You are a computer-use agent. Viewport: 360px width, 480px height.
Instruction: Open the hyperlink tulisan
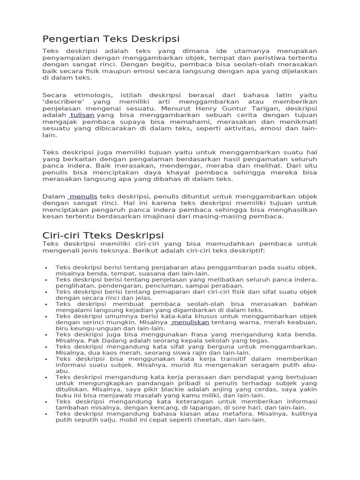[82, 115]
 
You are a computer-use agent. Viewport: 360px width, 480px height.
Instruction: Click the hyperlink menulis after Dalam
[83, 196]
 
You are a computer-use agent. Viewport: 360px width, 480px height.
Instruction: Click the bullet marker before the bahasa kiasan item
[46, 414]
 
